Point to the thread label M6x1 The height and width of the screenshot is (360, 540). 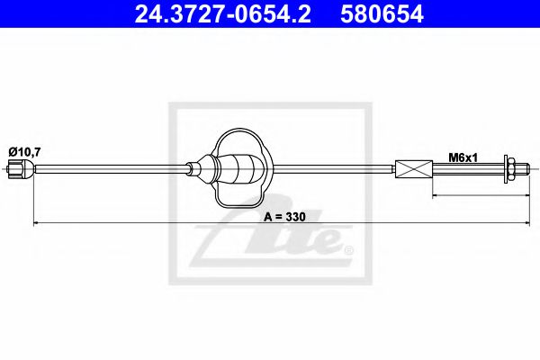462,157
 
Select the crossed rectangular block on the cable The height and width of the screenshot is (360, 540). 414,169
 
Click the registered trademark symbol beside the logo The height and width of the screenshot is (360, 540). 348,249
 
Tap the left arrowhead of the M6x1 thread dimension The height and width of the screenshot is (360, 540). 436,194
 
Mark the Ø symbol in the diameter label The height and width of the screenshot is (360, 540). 13,152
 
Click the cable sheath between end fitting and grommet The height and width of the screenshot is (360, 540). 108,169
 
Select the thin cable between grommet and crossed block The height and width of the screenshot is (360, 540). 333,169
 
